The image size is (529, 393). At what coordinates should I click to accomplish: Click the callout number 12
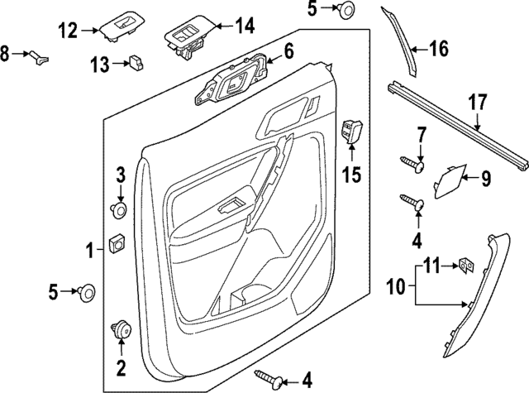[x=68, y=31]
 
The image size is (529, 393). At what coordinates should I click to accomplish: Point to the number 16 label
[x=438, y=49]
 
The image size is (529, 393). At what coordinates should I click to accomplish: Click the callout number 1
[x=88, y=248]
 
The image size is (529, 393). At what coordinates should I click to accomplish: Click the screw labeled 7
[x=412, y=165]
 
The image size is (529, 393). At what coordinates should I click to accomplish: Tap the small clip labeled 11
[x=467, y=264]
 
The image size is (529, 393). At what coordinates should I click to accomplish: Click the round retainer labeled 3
[x=120, y=210]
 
